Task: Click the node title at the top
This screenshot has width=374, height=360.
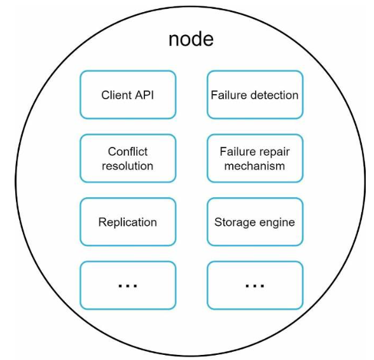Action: click(191, 39)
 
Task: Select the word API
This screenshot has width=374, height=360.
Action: click(144, 95)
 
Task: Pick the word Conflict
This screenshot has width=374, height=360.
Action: click(128, 151)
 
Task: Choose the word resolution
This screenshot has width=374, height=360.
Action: click(128, 166)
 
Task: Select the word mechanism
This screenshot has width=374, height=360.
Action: click(254, 166)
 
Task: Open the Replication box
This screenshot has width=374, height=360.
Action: click(128, 222)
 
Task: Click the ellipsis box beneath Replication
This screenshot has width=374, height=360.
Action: click(128, 286)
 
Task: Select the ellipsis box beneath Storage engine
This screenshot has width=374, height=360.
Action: click(255, 286)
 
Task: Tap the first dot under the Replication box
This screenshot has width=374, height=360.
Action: click(120, 286)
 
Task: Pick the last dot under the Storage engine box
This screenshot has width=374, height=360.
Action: click(262, 286)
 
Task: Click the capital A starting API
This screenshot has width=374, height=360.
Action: click(139, 95)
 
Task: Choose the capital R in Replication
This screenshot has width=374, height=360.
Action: click(102, 222)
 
